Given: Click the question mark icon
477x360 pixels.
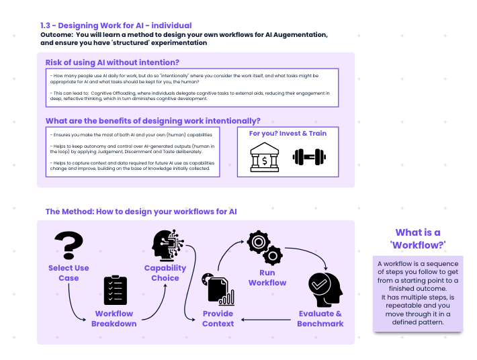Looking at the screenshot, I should (x=69, y=245).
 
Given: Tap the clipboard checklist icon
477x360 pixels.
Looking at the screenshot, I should (x=115, y=290).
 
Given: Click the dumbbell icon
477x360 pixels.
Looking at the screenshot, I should (x=309, y=159).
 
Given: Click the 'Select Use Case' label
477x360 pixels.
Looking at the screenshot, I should (x=69, y=273).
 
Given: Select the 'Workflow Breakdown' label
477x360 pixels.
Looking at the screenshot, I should (x=114, y=318).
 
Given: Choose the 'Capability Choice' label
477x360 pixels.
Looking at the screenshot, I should (x=165, y=273).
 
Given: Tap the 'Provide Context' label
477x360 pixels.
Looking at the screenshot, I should (x=218, y=318).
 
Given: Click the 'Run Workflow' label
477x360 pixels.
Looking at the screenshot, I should (x=267, y=277).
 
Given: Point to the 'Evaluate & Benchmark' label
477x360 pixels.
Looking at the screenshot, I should (x=320, y=318).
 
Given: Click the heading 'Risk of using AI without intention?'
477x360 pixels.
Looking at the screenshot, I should (x=112, y=62).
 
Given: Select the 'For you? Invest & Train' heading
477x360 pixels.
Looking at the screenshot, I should (x=288, y=133).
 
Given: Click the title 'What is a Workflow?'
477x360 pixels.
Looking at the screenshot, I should (x=418, y=238).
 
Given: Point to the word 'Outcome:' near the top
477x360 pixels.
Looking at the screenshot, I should (x=56, y=34).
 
